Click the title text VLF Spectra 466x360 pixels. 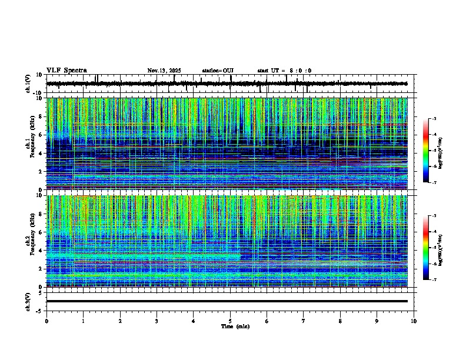[66, 71]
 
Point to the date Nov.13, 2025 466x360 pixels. [164, 71]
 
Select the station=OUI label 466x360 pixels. [218, 71]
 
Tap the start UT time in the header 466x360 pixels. [284, 71]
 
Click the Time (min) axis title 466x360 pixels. [235, 326]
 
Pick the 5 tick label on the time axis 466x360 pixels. [230, 321]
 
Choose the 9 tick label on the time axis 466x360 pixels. [377, 321]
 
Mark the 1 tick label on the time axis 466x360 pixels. [83, 321]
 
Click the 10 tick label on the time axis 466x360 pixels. [414, 321]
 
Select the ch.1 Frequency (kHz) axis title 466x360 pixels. [30, 144]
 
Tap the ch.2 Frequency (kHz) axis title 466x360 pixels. [30, 241]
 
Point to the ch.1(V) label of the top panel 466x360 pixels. [29, 84]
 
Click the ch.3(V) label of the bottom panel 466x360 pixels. [29, 301]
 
